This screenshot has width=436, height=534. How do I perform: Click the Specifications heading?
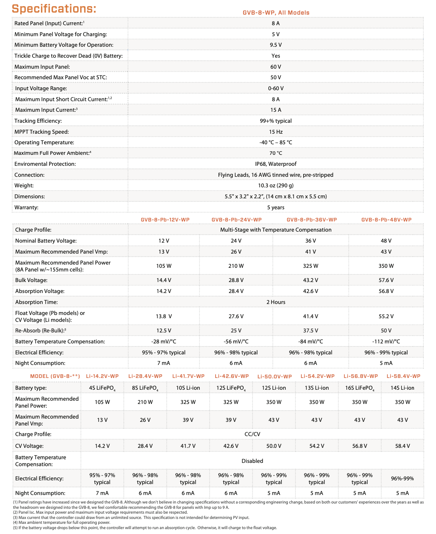[x=54, y=9]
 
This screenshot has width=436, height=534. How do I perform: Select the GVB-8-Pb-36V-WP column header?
[x=311, y=220]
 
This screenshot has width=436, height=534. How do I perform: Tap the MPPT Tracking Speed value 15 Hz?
[x=276, y=132]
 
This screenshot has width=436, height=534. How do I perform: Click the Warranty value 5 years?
[x=276, y=207]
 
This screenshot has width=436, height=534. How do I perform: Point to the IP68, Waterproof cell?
[x=276, y=164]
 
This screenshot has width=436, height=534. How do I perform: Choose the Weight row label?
[x=24, y=185]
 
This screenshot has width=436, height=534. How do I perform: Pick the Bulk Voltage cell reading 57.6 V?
[x=386, y=280]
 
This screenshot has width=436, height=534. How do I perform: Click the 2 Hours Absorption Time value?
[x=276, y=302]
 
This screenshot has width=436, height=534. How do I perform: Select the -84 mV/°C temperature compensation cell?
[x=311, y=341]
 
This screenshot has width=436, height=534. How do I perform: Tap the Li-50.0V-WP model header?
[x=274, y=376]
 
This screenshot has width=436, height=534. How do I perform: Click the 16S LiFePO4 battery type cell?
[x=360, y=388]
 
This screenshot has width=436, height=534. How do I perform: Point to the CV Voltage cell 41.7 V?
[x=188, y=446]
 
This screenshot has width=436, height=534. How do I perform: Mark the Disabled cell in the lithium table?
[x=252, y=461]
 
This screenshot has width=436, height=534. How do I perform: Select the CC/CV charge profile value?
[x=252, y=434]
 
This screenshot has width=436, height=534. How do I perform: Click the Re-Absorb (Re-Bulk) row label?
[x=41, y=330]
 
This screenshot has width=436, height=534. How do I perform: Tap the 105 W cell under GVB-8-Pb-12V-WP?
[x=164, y=266]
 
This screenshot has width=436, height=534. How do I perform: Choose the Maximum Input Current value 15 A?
[x=276, y=110]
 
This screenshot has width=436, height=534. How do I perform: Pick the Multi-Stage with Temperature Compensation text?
[x=276, y=230]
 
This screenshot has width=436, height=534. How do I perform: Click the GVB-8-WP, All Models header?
[x=276, y=13]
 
